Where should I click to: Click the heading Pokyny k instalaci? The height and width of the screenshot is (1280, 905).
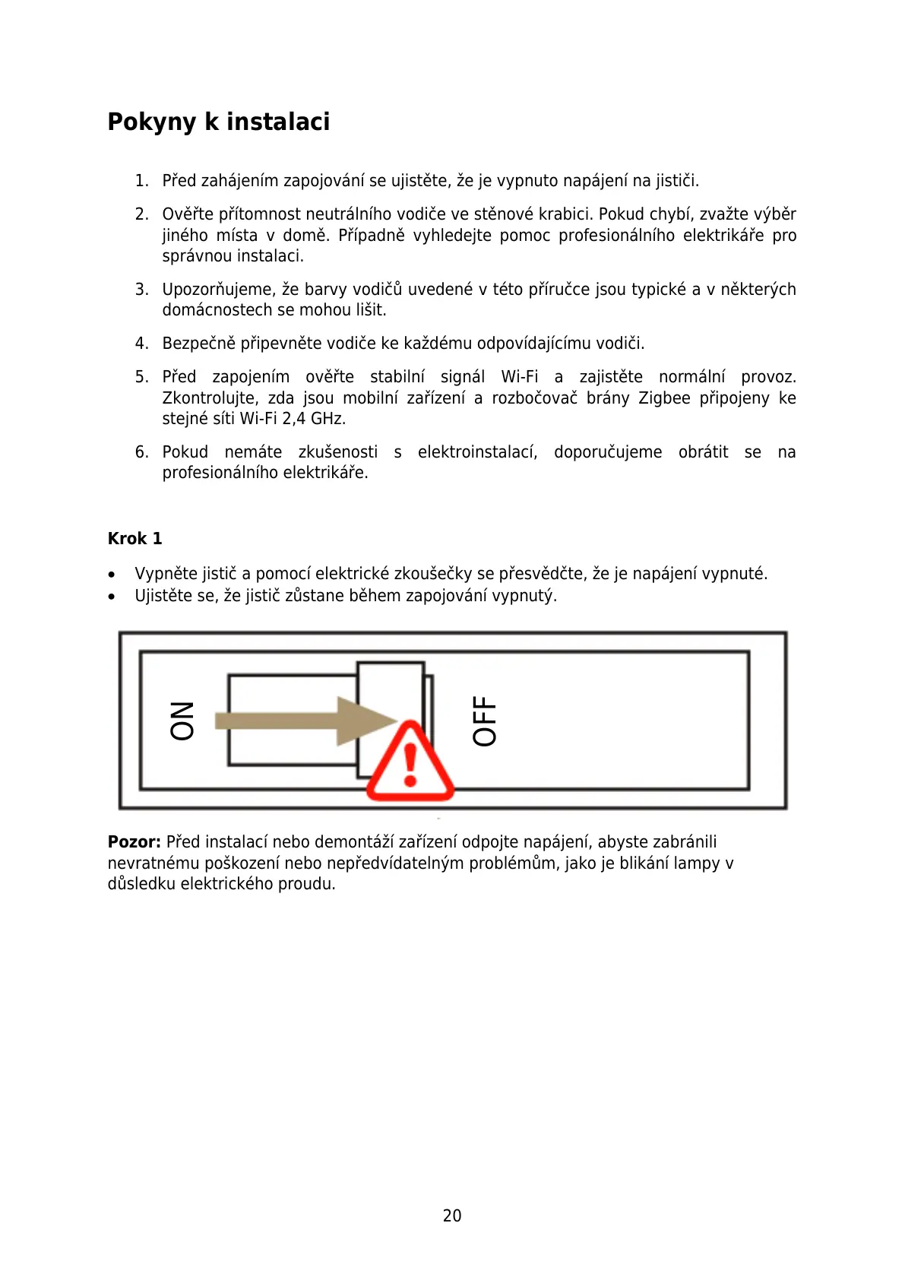[x=219, y=122]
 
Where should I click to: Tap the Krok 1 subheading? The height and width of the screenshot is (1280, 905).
[x=134, y=538]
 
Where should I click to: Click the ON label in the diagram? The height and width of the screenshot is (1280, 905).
[x=182, y=720]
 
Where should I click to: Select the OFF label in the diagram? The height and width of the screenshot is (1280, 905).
[x=484, y=721]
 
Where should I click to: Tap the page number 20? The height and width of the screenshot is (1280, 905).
[x=452, y=1215]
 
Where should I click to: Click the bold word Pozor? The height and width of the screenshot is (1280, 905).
[x=134, y=841]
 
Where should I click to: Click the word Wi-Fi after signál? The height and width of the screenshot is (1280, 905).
[x=520, y=376]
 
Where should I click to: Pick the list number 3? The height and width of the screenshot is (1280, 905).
[x=141, y=289]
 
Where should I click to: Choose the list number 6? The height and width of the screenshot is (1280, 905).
[x=141, y=451]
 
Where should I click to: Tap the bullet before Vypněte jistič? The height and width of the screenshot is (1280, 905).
[x=112, y=575]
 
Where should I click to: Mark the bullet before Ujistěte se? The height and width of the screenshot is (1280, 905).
[x=112, y=597]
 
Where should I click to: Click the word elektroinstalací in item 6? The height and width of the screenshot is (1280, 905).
[x=477, y=451]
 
